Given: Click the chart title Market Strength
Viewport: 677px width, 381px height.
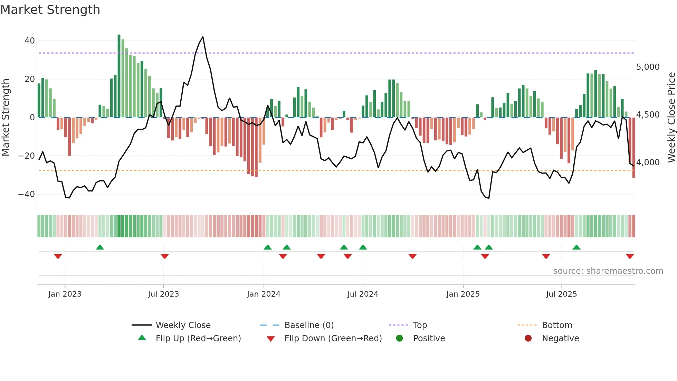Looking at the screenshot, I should pos(50,10).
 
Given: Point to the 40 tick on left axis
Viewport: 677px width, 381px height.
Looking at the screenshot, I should pos(30,41).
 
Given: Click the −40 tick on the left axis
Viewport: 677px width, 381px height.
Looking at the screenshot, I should pos(27,194).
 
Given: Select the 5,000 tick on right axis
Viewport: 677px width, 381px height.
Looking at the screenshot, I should pos(648,67).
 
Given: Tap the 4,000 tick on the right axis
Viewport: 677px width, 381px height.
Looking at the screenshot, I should pos(648,162).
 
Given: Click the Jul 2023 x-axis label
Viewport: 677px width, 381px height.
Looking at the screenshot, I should pos(163,294).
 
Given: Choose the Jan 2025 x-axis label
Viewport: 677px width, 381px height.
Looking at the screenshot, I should pos(463,294).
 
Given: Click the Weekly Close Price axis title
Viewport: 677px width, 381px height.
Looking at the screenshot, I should pos(671,118).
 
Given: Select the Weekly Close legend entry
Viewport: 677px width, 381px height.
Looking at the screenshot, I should pos(183,325).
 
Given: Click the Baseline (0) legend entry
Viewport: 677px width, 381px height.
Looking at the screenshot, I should pos(309,325).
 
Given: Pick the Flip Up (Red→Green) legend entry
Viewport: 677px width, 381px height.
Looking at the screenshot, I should pos(198,338).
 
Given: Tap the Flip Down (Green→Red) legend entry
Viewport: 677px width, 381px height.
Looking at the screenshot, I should pos(333,338).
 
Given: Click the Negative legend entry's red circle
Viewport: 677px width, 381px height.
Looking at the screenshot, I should pos(528,338).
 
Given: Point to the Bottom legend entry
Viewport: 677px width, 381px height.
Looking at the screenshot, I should pos(557,325).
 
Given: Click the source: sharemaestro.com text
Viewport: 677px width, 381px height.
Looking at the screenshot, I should pos(608,271).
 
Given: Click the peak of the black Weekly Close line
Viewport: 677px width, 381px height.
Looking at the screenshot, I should pos(203,37).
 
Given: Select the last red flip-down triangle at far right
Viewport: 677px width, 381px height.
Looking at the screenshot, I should pos(630,256).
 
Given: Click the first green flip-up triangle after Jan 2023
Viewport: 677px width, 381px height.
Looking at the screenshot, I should pos(100,247).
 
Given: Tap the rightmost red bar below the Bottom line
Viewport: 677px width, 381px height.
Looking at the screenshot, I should pos(634,175).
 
